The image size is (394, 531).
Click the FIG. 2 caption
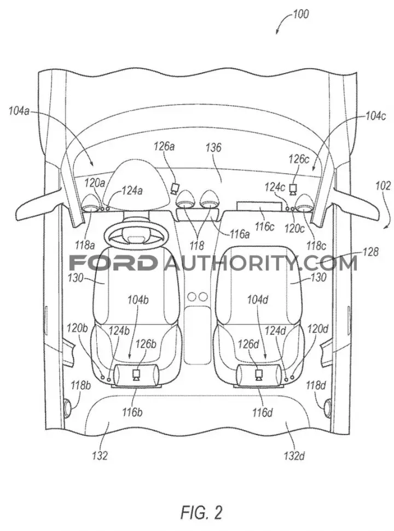(201, 512)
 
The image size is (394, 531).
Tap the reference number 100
(300, 14)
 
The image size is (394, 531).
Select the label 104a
(19, 111)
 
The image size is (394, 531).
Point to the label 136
(213, 147)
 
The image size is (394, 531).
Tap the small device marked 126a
(175, 188)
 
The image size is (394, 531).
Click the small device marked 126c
(292, 189)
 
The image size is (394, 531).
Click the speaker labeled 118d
(327, 407)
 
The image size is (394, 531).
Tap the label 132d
(294, 456)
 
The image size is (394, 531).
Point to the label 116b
(132, 412)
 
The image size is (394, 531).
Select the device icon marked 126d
(259, 375)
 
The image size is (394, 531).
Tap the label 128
(370, 252)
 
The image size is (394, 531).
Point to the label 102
(383, 186)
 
